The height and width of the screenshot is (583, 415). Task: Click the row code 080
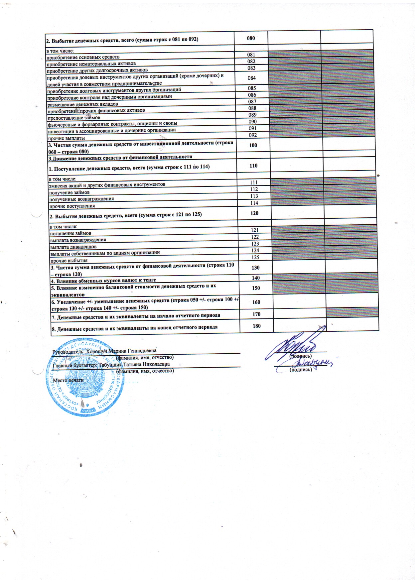(251, 38)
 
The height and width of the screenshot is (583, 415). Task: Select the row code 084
(252, 78)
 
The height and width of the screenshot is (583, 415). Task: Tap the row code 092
(253, 135)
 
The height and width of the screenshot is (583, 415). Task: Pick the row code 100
(253, 145)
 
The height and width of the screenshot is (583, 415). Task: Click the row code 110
(253, 166)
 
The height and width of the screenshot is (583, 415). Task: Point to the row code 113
(254, 196)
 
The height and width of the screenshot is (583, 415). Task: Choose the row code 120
(254, 213)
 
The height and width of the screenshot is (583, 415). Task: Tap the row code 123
(255, 244)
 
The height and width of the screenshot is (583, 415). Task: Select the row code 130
(255, 268)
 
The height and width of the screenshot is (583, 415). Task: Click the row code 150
(256, 288)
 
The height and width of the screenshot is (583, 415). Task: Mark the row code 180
(256, 326)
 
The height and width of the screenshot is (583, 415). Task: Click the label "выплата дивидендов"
(73, 247)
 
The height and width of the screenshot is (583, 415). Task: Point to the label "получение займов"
(69, 192)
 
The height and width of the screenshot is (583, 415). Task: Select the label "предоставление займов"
(73, 118)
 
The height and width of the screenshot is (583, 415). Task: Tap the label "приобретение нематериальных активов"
(91, 63)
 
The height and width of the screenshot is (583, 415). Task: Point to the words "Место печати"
(68, 380)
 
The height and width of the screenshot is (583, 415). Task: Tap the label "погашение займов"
(70, 233)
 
